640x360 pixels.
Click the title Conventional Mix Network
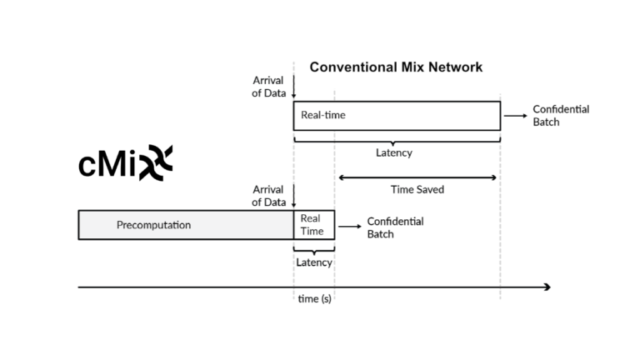[396, 67]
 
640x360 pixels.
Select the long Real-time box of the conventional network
[396, 115]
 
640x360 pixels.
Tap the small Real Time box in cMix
[313, 225]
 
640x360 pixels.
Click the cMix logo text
[125, 164]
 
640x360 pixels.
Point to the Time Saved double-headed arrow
[417, 177]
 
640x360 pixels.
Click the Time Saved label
[417, 190]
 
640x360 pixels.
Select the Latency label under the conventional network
[393, 153]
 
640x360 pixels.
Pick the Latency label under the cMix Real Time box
[313, 262]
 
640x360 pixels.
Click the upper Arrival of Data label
[268, 87]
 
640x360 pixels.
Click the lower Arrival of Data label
[268, 196]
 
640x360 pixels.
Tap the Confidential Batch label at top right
[560, 115]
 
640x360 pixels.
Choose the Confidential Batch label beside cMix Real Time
[395, 227]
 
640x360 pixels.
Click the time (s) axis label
[314, 299]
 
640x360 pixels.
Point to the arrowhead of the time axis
[547, 287]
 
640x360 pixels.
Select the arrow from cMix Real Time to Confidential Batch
[349, 226]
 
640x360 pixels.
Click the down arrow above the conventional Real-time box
[293, 87]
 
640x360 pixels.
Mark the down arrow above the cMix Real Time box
[293, 197]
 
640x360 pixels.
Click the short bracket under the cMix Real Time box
[313, 248]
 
